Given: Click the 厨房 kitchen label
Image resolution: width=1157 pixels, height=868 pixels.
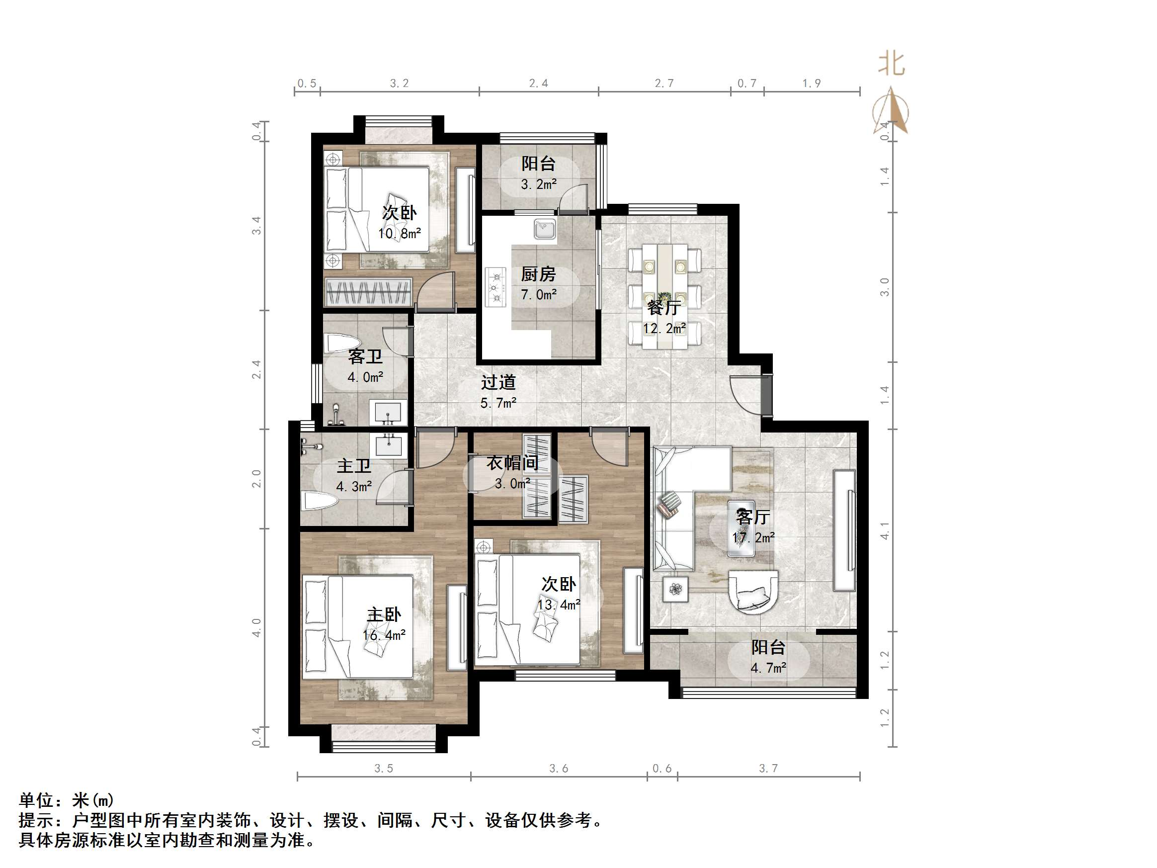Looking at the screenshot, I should point(538,273).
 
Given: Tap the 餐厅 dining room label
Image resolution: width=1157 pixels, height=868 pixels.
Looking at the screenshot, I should point(663,308).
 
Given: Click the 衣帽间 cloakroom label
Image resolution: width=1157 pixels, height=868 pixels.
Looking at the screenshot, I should point(512,462).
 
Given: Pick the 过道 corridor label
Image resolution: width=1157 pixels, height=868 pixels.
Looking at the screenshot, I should point(498,382).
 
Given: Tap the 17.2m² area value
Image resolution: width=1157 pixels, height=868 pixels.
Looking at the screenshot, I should point(753,537).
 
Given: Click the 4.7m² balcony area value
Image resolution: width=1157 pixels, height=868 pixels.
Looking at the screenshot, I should point(768,668).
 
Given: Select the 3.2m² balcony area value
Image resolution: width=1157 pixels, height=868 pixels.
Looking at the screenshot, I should point(538,184).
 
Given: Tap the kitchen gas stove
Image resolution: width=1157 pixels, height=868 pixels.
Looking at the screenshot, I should point(496,287).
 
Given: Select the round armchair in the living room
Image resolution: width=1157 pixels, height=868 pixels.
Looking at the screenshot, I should point(753,591).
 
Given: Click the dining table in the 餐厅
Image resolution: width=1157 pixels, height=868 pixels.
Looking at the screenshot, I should point(664,296).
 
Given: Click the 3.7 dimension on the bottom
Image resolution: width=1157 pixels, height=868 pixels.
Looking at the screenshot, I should point(768,768).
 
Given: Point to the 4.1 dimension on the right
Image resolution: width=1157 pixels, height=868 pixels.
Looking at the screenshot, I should point(885,530).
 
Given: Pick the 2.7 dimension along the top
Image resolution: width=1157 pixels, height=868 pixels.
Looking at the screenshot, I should point(664,83).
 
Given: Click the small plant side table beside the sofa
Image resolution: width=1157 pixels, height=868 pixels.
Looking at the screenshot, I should point(676,589).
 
